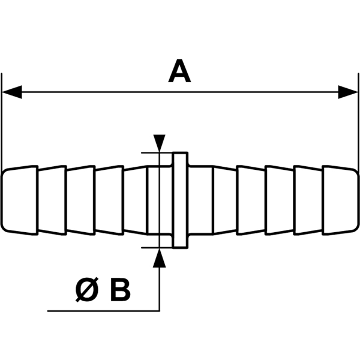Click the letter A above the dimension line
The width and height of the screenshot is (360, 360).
click(x=179, y=73)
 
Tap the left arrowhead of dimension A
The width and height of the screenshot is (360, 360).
click(x=12, y=92)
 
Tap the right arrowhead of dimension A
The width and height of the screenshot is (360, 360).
click(x=347, y=92)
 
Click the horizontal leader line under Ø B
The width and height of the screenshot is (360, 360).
click(x=102, y=311)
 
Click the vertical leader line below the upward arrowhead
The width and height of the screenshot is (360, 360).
click(x=159, y=288)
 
